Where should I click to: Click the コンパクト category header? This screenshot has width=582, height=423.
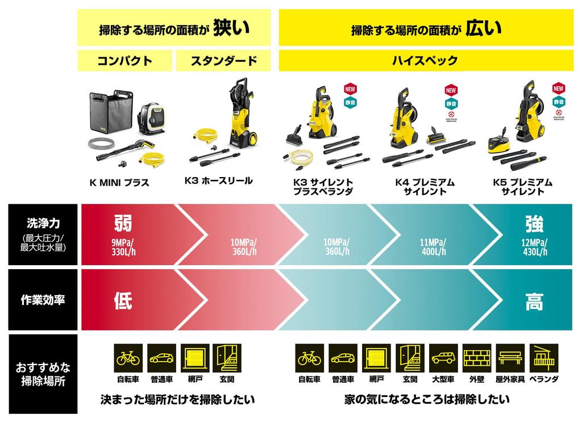click(124, 61)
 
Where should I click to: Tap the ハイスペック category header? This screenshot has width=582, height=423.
click(426, 61)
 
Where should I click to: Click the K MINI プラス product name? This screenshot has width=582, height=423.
click(119, 183)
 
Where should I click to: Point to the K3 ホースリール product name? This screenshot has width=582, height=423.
click(218, 181)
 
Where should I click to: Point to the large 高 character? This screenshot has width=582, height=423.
click(534, 301)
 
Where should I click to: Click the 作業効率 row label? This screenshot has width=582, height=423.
click(43, 299)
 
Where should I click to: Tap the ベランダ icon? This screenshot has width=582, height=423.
click(544, 358)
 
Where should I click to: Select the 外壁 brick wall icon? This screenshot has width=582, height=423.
click(477, 358)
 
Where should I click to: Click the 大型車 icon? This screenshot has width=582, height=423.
click(443, 358)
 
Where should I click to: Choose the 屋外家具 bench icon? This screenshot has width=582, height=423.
click(510, 358)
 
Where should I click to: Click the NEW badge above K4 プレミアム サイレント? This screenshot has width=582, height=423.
click(451, 90)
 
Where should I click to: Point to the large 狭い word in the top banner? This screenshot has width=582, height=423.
click(231, 28)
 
